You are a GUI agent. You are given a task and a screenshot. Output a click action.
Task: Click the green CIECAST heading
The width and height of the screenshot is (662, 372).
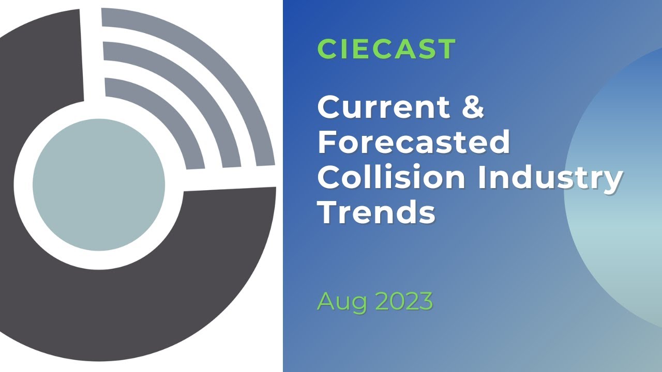tap(386, 49)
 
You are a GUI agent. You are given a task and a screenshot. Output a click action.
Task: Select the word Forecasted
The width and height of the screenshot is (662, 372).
tap(414, 142)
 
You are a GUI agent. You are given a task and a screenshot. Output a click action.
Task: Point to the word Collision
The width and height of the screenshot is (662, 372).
tap(392, 177)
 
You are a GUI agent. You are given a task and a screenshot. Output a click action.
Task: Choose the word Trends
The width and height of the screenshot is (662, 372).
tap(376, 212)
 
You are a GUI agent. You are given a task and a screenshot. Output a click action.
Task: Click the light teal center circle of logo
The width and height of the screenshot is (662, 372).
tap(98, 185)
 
